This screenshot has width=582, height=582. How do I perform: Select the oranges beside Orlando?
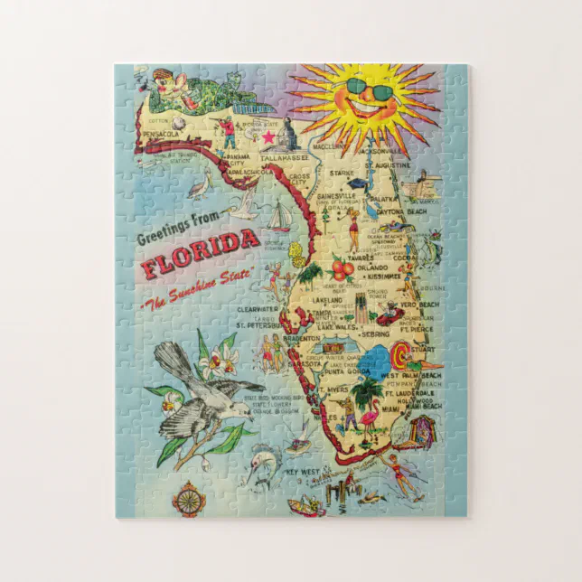pyautogui.click(x=342, y=268)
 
